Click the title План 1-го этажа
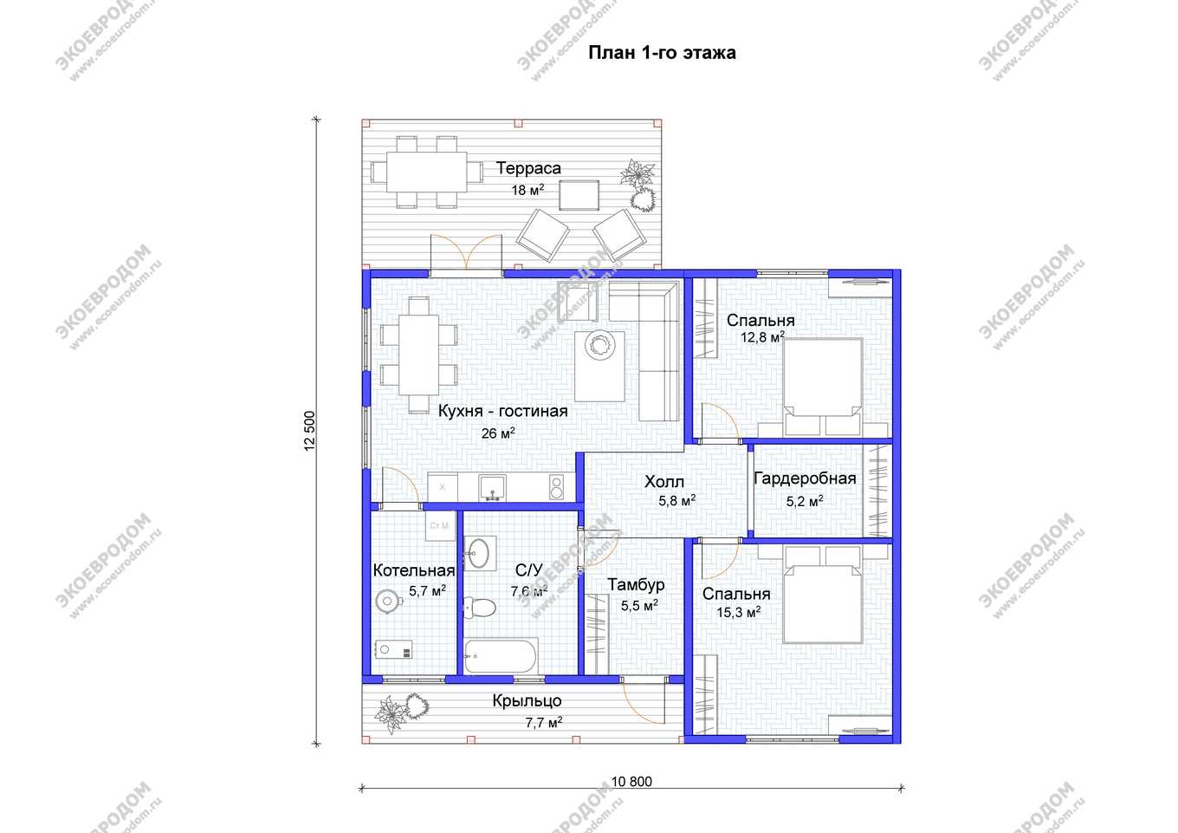point(662,53)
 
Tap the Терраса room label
point(528,168)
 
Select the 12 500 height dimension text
point(309,431)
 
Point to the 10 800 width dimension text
point(631,782)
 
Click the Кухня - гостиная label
point(502,411)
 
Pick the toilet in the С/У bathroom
point(480,608)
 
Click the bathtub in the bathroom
point(502,656)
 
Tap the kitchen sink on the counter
point(492,488)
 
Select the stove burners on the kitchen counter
point(556,487)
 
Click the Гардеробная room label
point(805,478)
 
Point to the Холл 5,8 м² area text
point(677,500)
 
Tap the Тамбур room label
point(636,584)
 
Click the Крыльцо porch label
point(527,701)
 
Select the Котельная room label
point(413,570)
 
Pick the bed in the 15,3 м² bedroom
point(823,595)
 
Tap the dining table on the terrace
point(426,172)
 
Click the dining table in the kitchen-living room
point(418,355)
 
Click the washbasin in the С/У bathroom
point(480,554)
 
